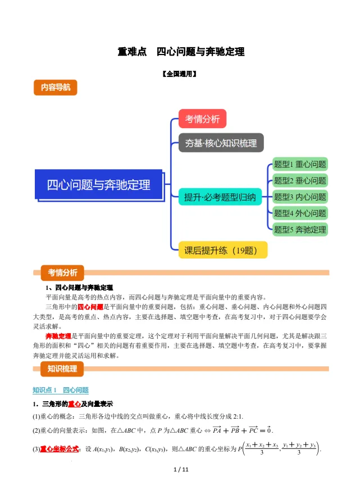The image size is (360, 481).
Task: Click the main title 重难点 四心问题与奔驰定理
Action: click(180, 52)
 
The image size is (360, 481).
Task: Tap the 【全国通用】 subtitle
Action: click(180, 74)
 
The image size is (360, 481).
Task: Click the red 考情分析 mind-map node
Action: click(202, 119)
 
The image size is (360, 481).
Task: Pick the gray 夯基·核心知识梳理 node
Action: click(221, 143)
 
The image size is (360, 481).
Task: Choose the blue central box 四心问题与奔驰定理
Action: click(98, 184)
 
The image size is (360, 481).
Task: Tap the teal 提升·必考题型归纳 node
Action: click(220, 197)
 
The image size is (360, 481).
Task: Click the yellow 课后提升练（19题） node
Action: click(222, 250)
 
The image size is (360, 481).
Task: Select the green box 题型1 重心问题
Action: click(299, 165)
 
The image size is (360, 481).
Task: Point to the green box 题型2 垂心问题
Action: click(299, 181)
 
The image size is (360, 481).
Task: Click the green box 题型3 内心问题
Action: click(299, 197)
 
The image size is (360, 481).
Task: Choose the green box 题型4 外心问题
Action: click(299, 213)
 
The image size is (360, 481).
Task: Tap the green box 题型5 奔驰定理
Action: click(299, 229)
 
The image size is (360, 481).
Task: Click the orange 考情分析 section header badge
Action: click(62, 273)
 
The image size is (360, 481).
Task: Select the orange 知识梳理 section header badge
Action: click(62, 369)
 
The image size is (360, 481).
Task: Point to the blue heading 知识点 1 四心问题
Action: click(61, 390)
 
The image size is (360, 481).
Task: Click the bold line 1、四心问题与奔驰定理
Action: click(79, 287)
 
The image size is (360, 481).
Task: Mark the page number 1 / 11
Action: click(180, 469)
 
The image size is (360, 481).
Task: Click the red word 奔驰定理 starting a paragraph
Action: click(59, 335)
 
